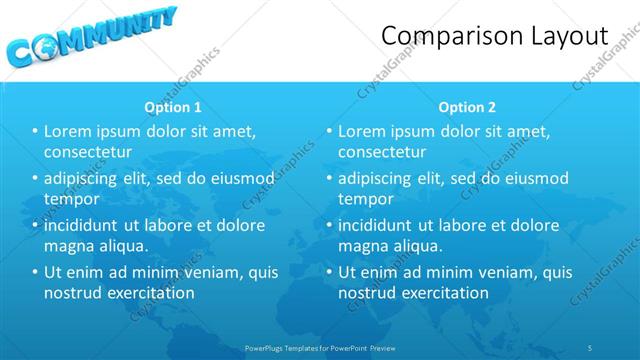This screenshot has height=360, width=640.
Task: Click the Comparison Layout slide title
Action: pos(495,36)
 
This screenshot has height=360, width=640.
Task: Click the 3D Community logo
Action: pos(90,37)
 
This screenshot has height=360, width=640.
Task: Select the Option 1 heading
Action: pos(172,106)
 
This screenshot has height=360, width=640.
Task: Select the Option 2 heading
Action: pos(466,106)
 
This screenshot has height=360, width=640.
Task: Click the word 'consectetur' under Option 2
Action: pos(382,152)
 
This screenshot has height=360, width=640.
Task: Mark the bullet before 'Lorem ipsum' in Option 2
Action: pos(329,131)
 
